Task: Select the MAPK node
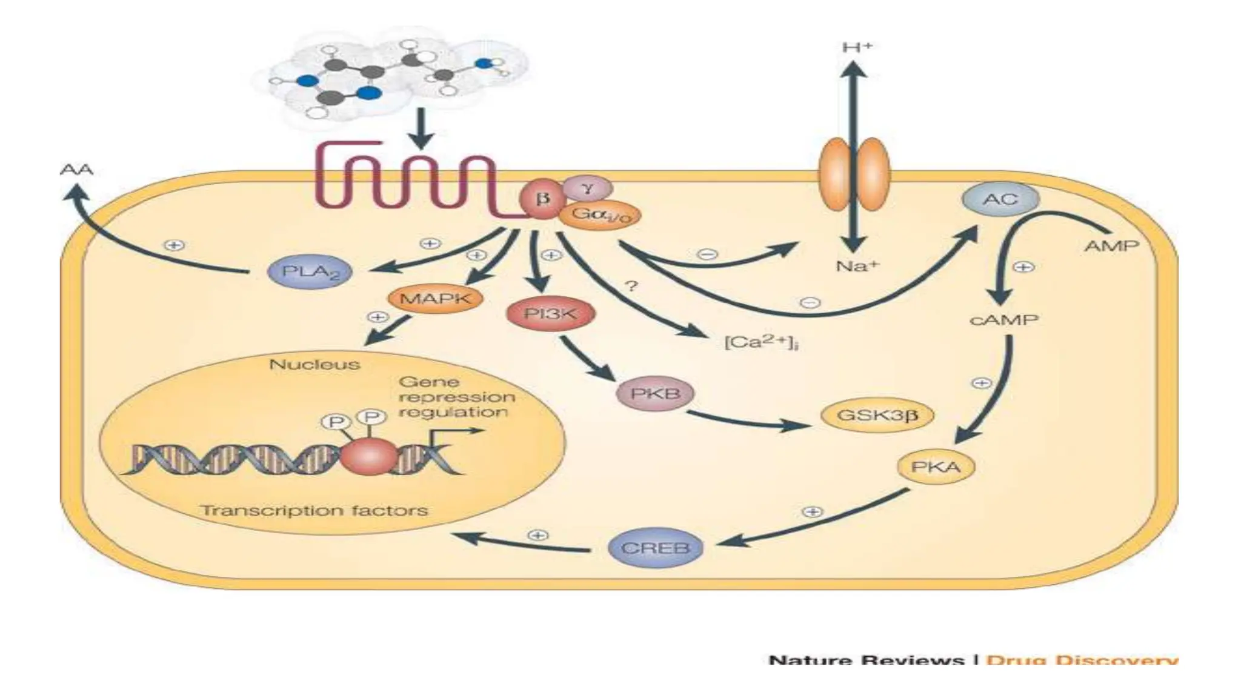pos(434,298)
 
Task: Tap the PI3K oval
pos(550,314)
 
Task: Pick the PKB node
pos(655,393)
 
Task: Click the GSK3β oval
pos(877,416)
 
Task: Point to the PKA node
pos(936,467)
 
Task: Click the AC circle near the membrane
pos(1000,199)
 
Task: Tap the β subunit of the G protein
pos(542,198)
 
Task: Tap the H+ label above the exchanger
pos(857,47)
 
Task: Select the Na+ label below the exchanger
pos(856,265)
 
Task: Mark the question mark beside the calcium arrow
pos(631,285)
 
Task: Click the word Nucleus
pos(314,365)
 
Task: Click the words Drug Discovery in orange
pos(1082,660)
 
